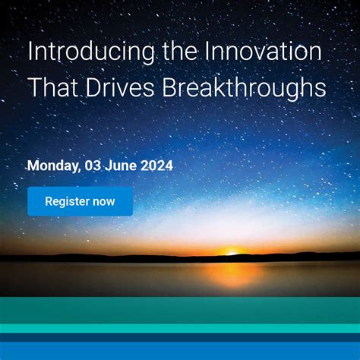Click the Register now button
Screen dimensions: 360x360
(x=80, y=201)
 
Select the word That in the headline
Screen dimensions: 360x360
(x=51, y=87)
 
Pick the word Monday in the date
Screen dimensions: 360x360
(x=51, y=165)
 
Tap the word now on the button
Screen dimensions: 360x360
(x=103, y=201)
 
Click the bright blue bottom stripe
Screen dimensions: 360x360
(x=180, y=351)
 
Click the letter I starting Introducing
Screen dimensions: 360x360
(x=30, y=53)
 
